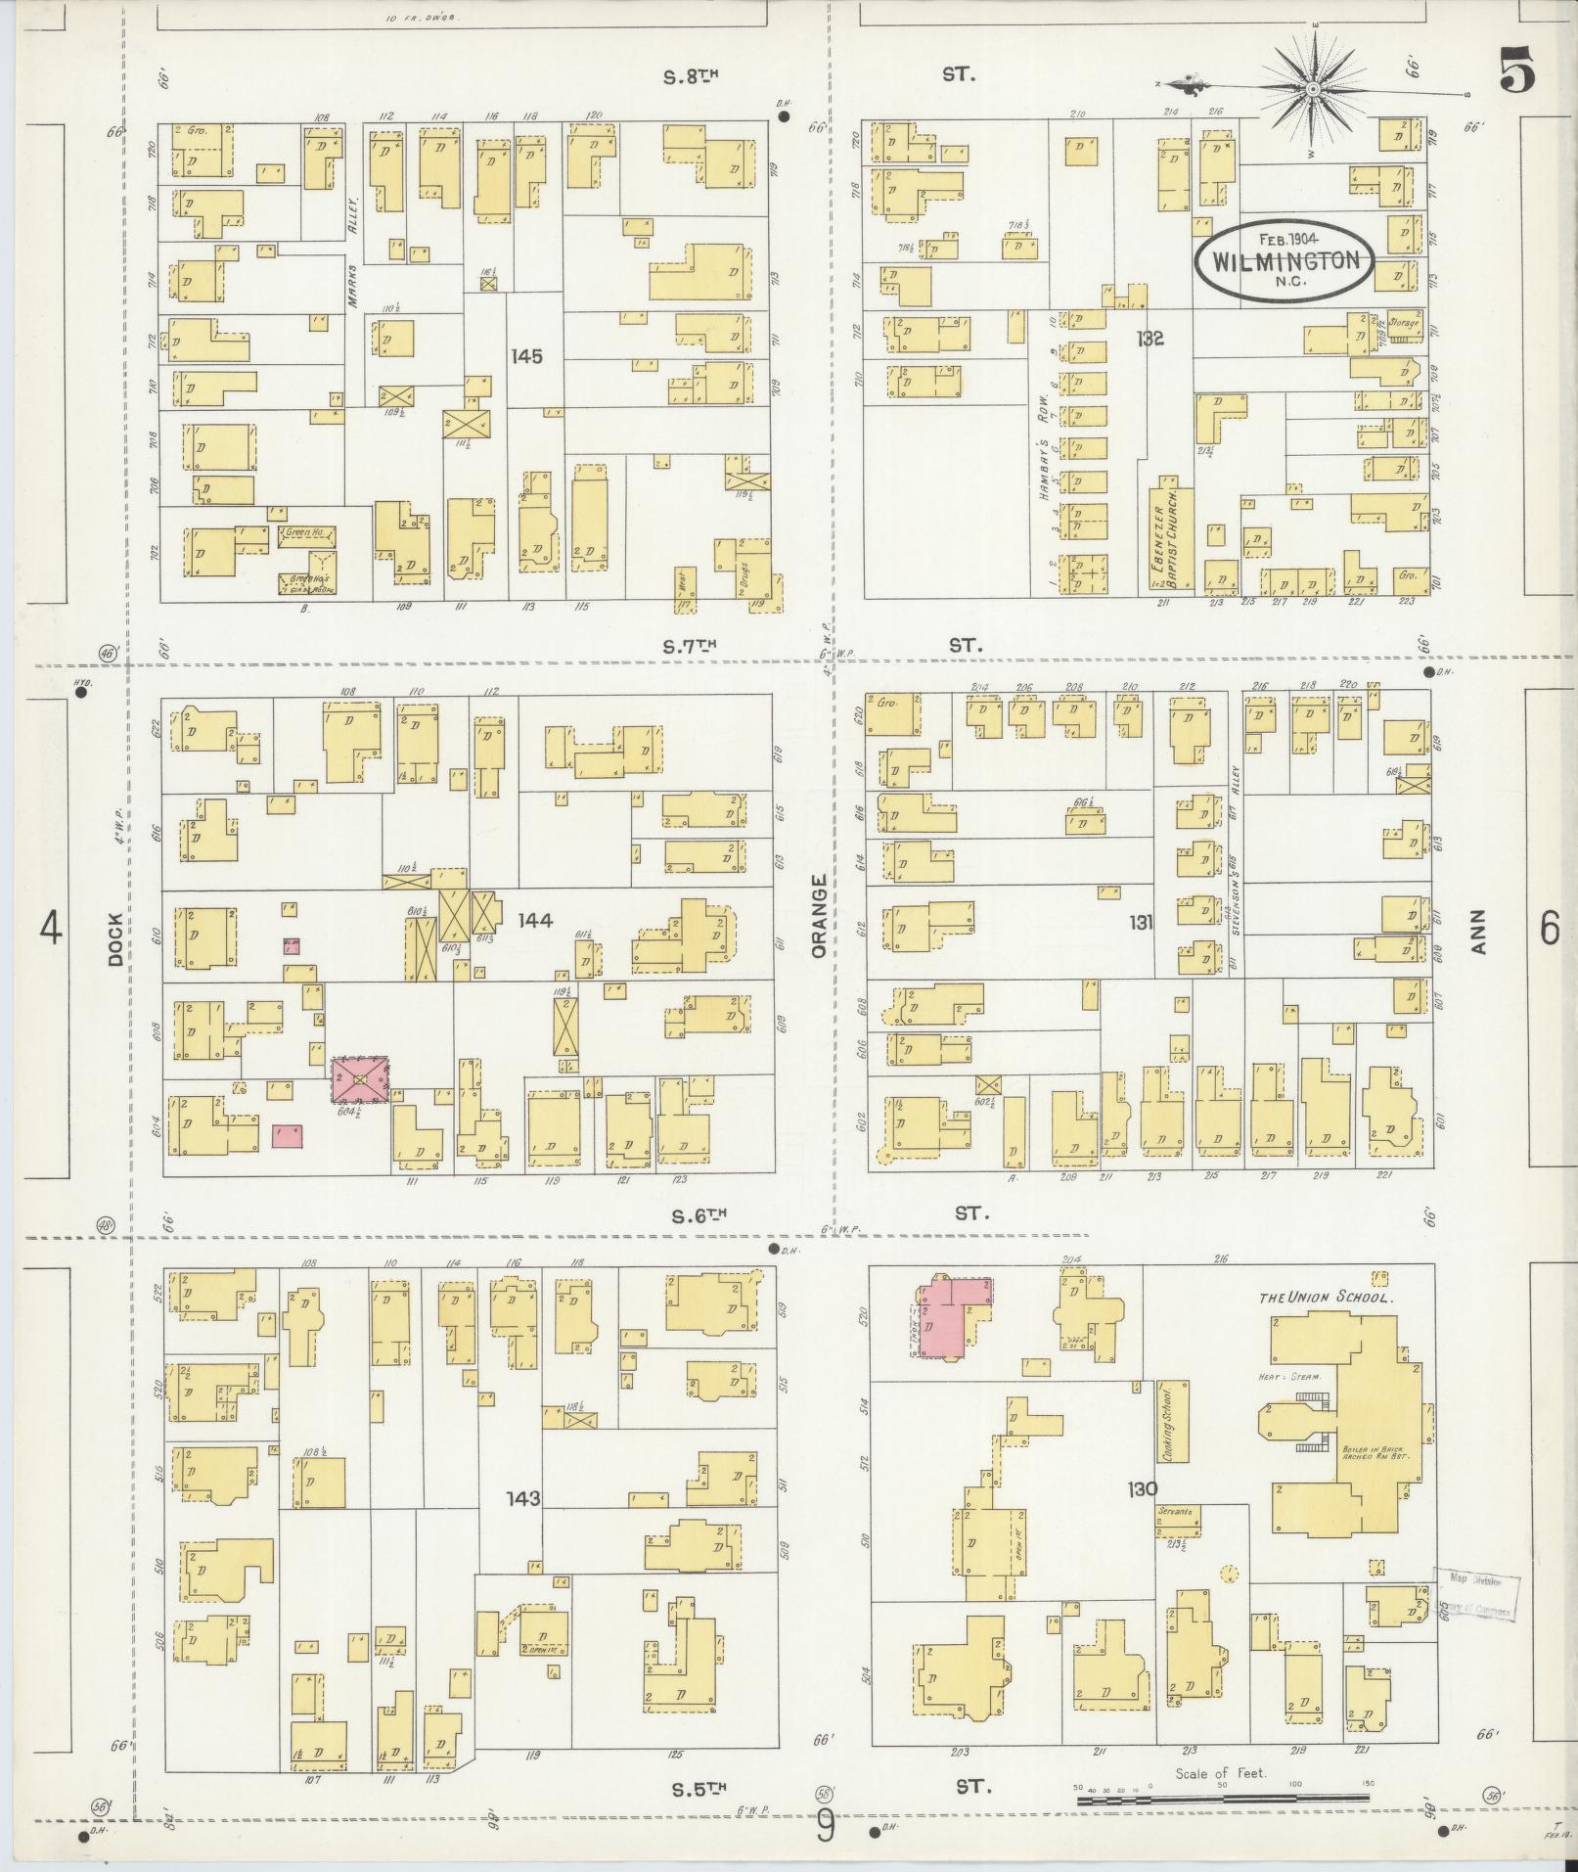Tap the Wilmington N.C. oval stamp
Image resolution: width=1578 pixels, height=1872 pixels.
1285,259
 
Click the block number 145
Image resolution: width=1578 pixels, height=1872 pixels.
526,356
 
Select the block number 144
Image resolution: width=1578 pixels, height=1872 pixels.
535,920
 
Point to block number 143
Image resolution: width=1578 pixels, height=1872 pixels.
523,1498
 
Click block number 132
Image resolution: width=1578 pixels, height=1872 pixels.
1150,339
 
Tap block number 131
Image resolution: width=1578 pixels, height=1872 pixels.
1141,921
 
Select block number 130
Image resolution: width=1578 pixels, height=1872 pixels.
1142,1488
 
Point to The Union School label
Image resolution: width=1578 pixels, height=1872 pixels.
1326,1298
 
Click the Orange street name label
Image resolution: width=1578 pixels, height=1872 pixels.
819,916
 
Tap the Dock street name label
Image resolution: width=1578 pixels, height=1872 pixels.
116,939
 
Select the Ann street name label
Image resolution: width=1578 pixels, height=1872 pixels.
1479,932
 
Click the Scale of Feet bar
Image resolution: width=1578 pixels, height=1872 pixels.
1223,1799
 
